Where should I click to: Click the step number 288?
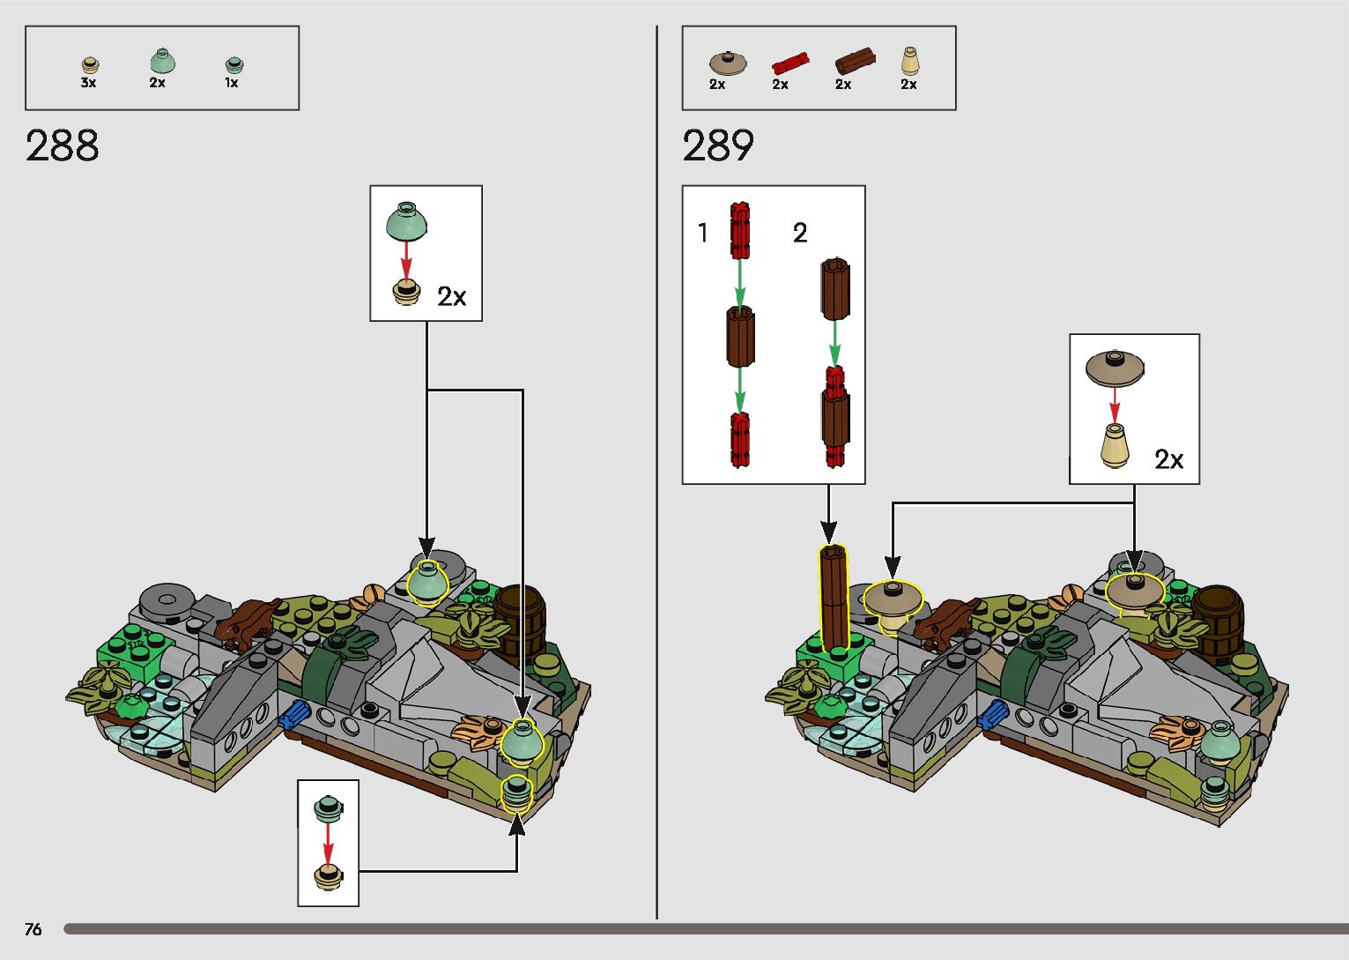click(x=62, y=145)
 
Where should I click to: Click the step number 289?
click(x=718, y=145)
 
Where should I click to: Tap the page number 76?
click(x=33, y=929)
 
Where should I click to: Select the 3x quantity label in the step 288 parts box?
click(x=88, y=83)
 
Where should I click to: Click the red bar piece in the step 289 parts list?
click(x=789, y=62)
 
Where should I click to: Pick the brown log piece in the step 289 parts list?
click(x=855, y=61)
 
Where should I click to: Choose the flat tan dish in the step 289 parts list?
click(x=728, y=63)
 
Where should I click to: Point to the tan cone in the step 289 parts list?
click(x=909, y=61)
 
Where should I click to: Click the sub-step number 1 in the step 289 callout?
click(x=702, y=233)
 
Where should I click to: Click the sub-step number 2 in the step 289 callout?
click(x=799, y=233)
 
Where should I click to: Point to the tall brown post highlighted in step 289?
click(x=834, y=599)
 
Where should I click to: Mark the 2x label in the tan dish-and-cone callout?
click(x=1168, y=459)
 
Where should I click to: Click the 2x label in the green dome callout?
click(x=451, y=296)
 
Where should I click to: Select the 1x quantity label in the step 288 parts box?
click(x=231, y=83)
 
